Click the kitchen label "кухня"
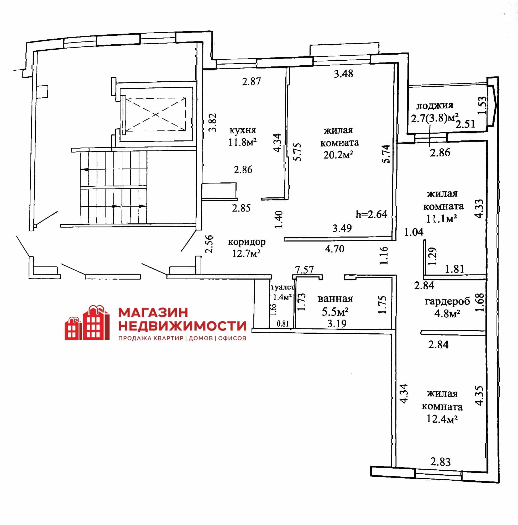coord(243,130)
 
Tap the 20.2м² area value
coord(338,155)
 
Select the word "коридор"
coord(247,242)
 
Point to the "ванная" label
coord(335,299)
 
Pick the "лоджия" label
coord(435,106)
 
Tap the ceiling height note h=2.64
coord(371,214)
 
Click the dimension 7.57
coord(304,270)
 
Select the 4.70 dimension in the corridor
coord(334,249)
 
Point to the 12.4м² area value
coord(442,419)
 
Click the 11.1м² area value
coord(441,218)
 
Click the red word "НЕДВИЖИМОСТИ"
coord(182,325)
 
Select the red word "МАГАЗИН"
coord(153,312)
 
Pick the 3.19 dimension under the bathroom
coord(337,323)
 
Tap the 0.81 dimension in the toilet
coord(283,324)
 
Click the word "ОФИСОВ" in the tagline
coord(232,338)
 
